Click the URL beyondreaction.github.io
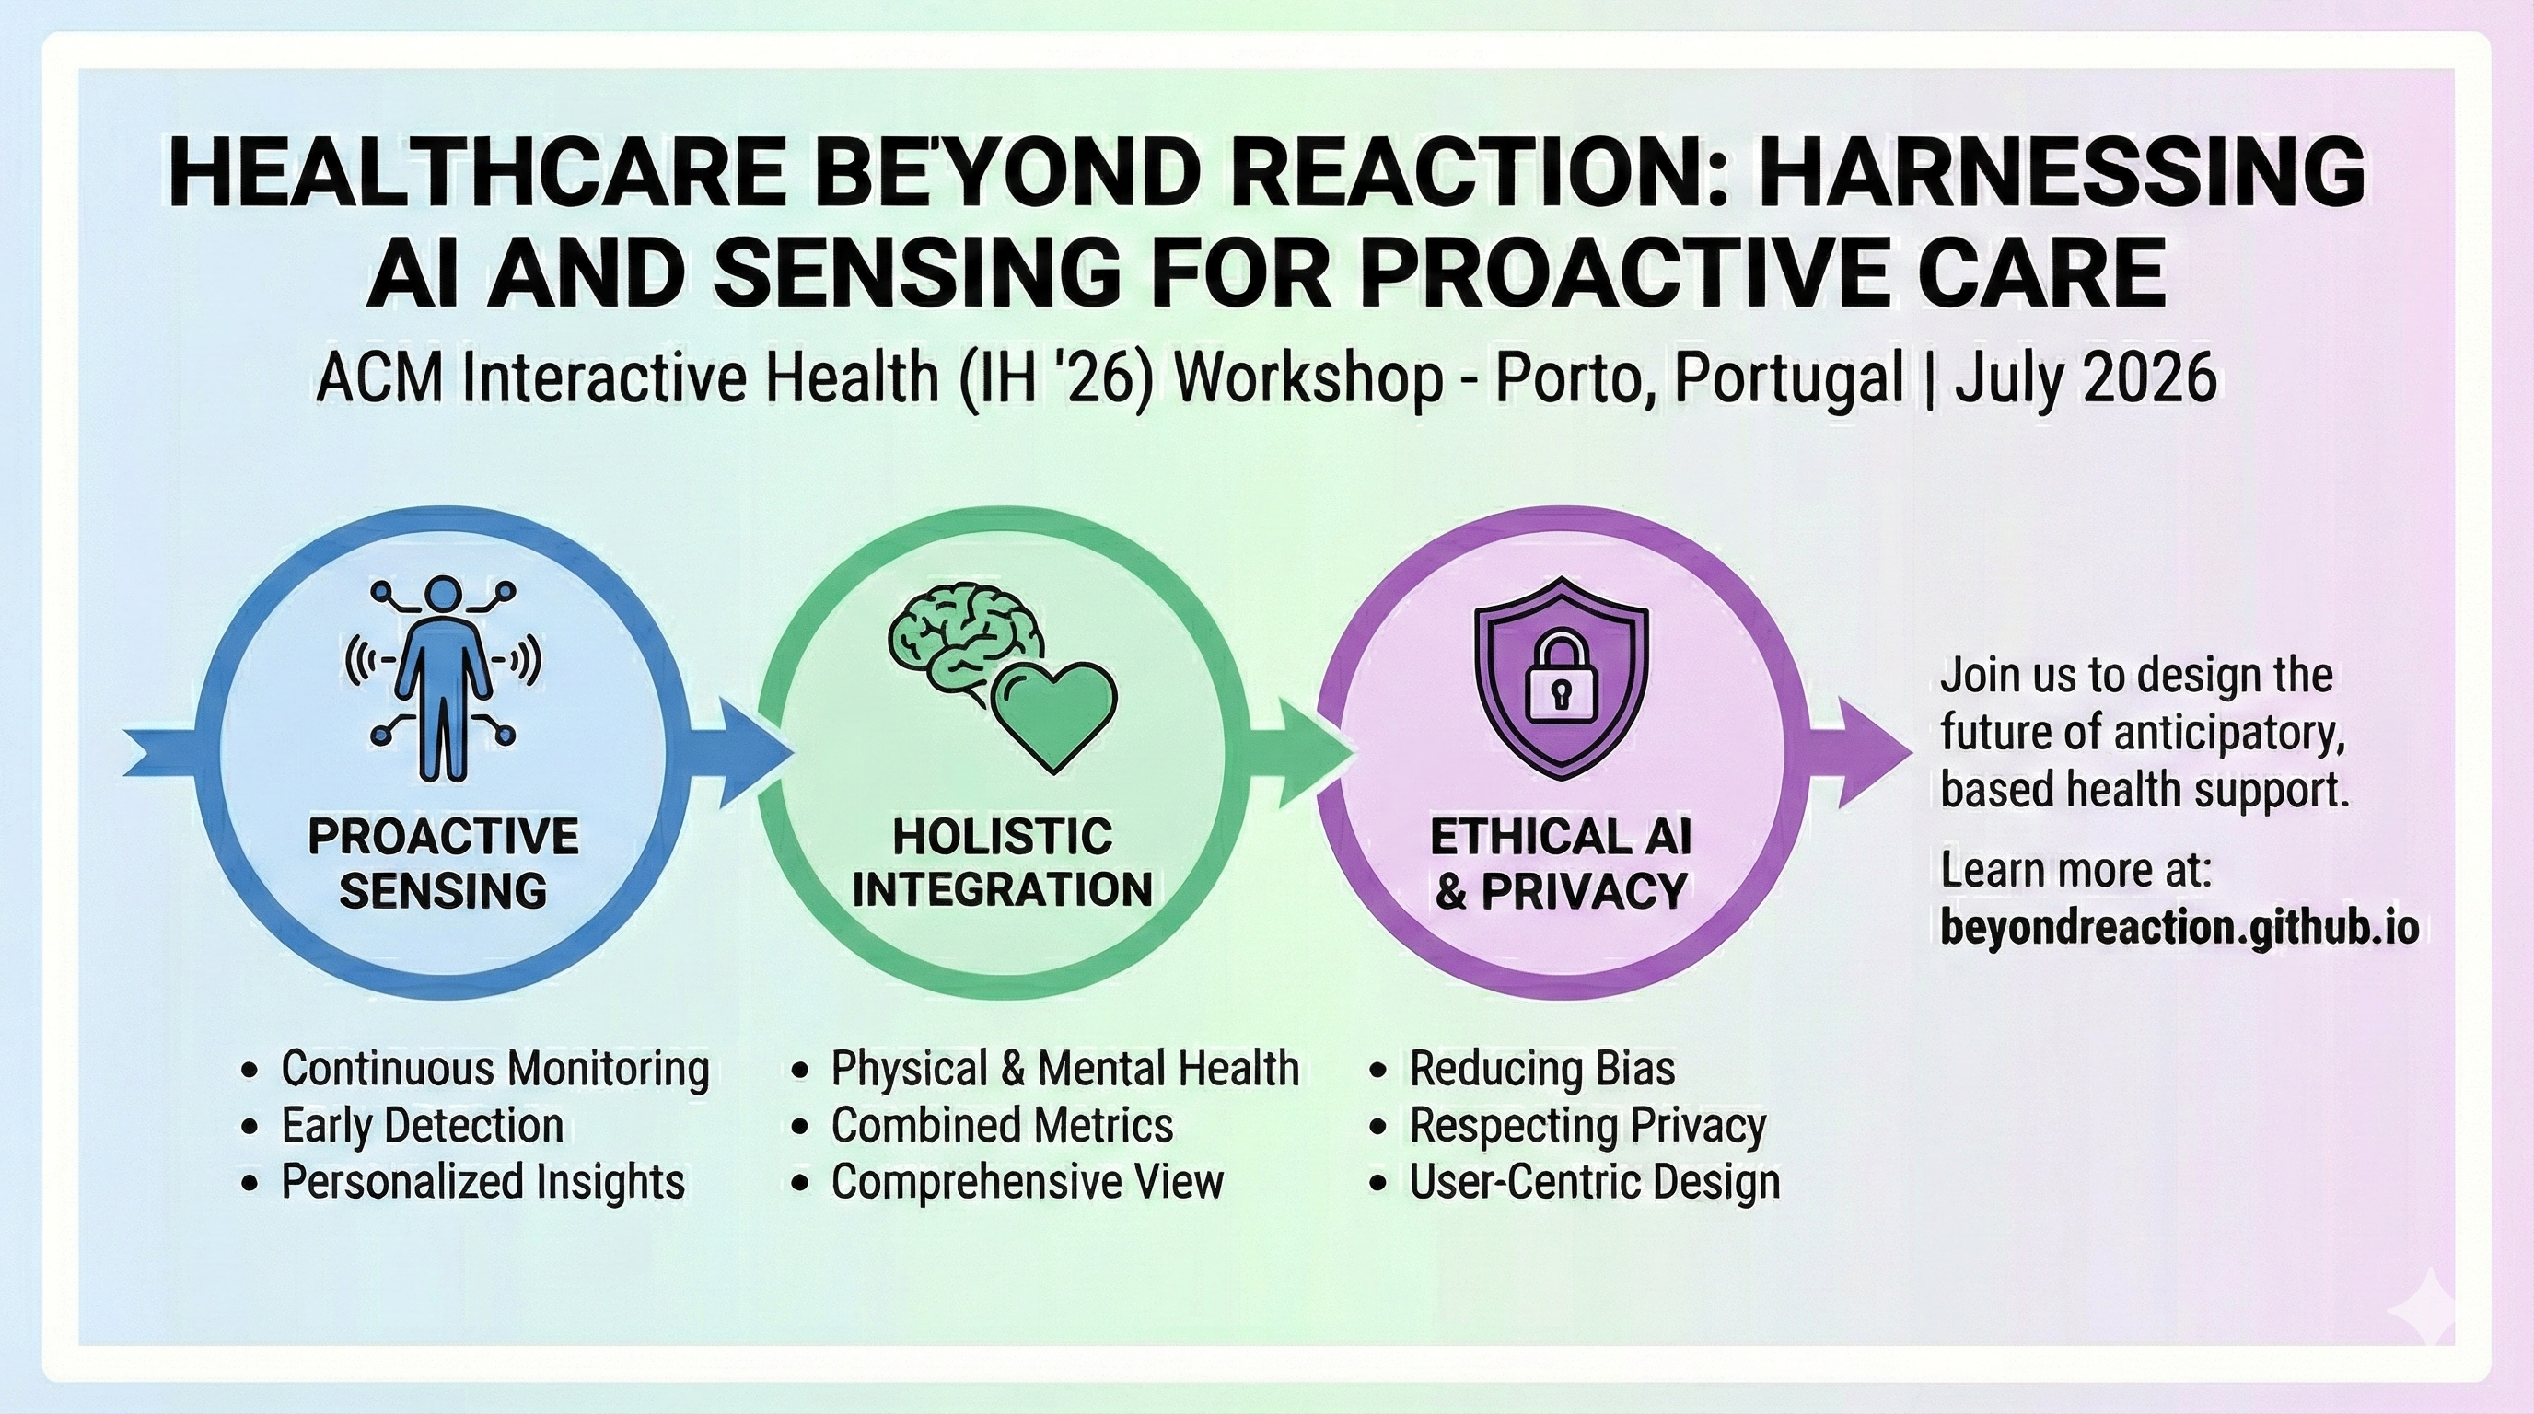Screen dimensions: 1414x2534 pyautogui.click(x=2178, y=927)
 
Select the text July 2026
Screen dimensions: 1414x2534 pyautogui.click(x=2086, y=378)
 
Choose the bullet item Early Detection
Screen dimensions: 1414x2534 pyautogui.click(x=422, y=1125)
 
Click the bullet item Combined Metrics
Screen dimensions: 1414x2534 pyautogui.click(x=1002, y=1125)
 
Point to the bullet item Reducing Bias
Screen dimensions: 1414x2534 pyautogui.click(x=1541, y=1069)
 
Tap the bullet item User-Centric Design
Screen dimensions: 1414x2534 pyautogui.click(x=1594, y=1181)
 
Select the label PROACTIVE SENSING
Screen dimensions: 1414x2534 pyautogui.click(x=443, y=863)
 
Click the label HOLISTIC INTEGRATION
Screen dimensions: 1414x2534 pyautogui.click(x=1002, y=863)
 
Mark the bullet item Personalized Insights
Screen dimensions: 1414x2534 pyautogui.click(x=482, y=1181)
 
